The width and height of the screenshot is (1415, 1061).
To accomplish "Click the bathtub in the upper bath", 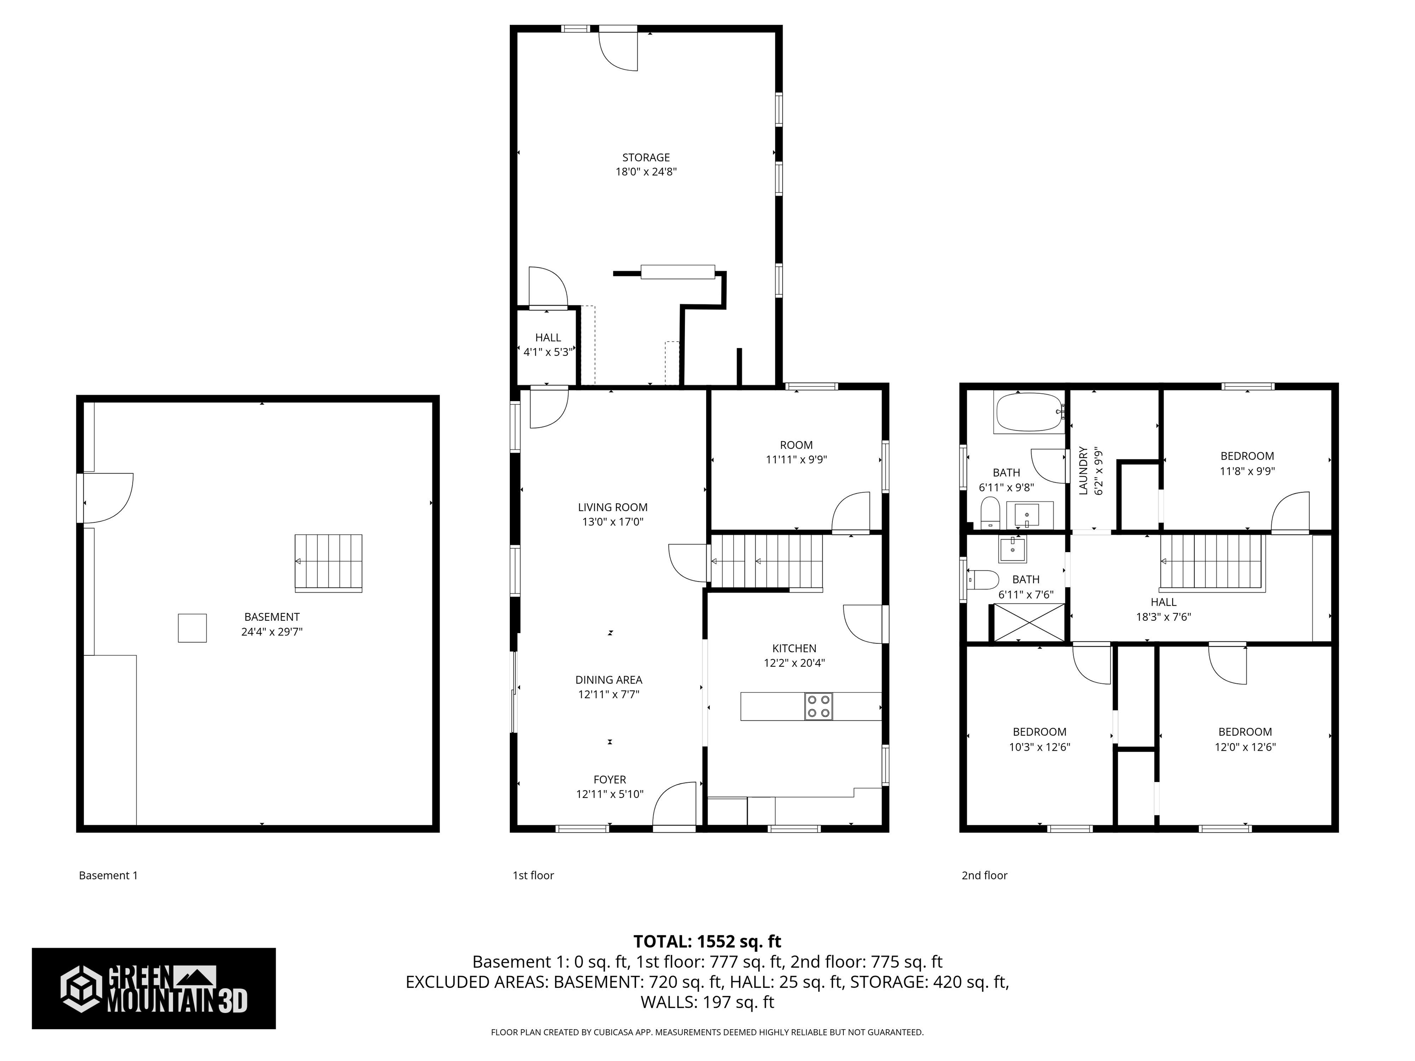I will tap(1027, 413).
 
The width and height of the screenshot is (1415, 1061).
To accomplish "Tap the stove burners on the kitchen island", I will tap(819, 706).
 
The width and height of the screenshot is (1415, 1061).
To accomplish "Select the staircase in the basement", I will tap(328, 562).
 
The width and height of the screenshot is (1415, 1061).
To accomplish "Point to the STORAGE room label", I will tap(646, 157).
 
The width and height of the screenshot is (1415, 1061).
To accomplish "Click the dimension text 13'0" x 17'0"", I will tap(612, 522).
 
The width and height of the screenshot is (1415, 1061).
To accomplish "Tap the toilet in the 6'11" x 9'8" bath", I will tap(990, 512).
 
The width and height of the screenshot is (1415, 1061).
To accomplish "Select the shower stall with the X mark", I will tap(1027, 622).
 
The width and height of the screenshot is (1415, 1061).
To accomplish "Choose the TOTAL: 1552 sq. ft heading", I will tap(707, 941).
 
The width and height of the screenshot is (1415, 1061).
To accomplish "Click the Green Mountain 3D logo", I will tap(153, 988).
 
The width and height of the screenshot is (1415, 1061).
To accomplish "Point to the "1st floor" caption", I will tap(533, 875).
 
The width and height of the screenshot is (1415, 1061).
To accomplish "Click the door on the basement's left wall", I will tap(105, 497).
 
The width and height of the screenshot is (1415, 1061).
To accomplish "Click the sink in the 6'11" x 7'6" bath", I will tap(1012, 549).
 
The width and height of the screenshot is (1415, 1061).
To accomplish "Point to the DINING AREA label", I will tap(608, 680).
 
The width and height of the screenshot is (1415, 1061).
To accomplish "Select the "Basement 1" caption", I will tap(108, 875).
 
